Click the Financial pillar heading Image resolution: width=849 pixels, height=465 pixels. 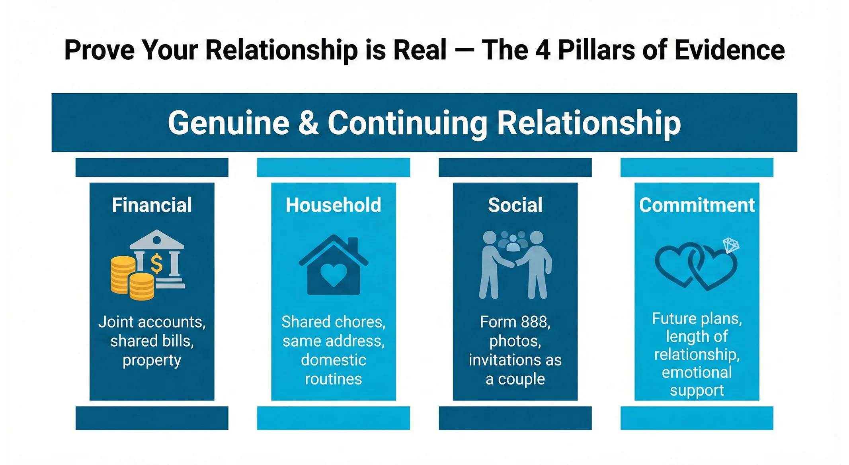[152, 205]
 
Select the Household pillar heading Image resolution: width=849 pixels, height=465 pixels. [333, 205]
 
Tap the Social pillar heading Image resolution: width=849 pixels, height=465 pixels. [515, 205]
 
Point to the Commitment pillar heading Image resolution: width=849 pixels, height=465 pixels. [697, 205]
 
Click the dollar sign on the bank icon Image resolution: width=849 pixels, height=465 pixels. [157, 263]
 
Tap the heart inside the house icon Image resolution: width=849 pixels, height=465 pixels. [334, 275]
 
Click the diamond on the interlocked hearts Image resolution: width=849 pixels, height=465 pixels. [731, 245]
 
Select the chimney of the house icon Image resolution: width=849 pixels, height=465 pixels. [353, 245]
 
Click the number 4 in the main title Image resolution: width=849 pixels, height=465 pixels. [543, 50]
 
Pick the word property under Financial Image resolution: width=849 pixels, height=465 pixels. [152, 361]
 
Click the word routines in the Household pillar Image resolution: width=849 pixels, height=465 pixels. [333, 379]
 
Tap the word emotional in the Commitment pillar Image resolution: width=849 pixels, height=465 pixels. [697, 373]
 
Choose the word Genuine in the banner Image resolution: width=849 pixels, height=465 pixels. [228, 124]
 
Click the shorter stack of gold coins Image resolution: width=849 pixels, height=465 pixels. [141, 286]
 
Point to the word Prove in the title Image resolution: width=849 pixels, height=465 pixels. [99, 50]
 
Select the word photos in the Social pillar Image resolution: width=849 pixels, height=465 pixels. [515, 341]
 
